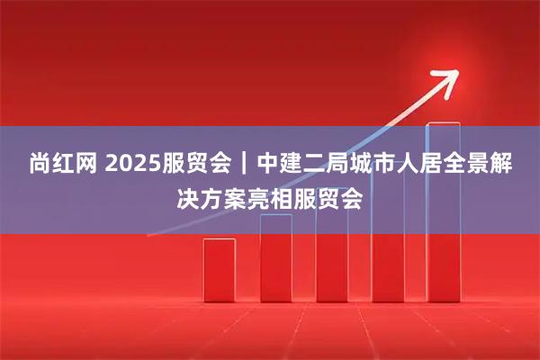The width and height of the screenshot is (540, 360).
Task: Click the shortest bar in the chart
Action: pyautogui.click(x=220, y=269)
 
